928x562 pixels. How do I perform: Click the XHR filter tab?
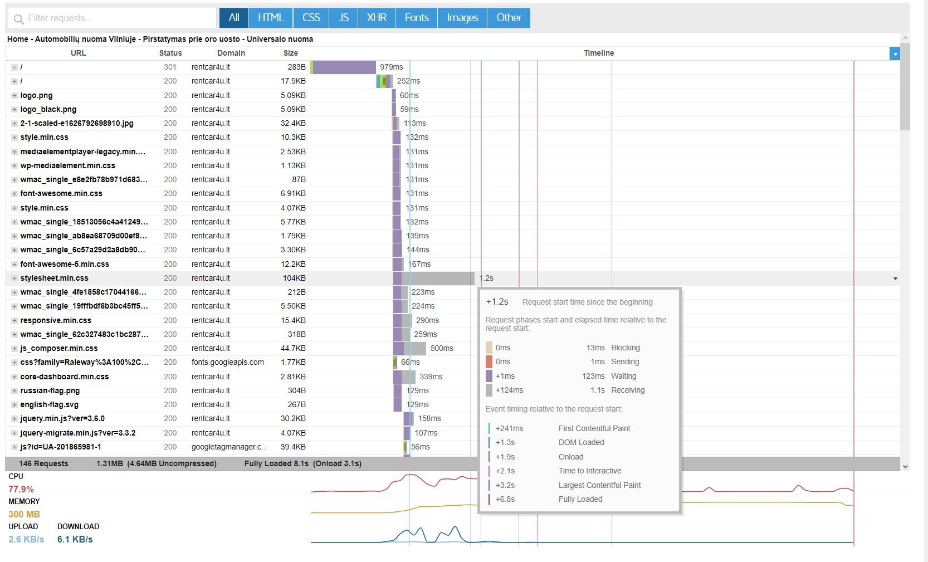[x=376, y=18]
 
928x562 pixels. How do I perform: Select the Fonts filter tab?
[x=416, y=18]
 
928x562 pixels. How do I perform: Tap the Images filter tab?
[x=462, y=18]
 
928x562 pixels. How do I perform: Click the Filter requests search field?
[x=112, y=18]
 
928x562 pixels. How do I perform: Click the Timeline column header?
[x=599, y=53]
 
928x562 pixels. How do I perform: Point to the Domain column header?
[x=231, y=53]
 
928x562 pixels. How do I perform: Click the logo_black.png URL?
[x=48, y=109]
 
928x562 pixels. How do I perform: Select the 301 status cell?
[x=170, y=67]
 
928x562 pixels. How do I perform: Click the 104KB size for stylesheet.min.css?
[x=294, y=278]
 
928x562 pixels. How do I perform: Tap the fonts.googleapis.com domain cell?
[x=227, y=363]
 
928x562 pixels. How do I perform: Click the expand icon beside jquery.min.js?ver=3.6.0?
[x=14, y=419]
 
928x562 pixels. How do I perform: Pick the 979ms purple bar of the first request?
[x=344, y=67]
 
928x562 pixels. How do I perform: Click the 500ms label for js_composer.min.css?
[x=442, y=348]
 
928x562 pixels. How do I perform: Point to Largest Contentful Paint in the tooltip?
[x=599, y=485]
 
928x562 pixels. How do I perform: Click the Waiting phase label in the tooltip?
[x=623, y=376]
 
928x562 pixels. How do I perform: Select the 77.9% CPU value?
[x=21, y=489]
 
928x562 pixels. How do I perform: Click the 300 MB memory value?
[x=24, y=514]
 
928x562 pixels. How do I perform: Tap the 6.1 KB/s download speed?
[x=75, y=539]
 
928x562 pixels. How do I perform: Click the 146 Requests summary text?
[x=43, y=463]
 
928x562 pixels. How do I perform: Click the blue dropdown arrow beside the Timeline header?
[x=895, y=53]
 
